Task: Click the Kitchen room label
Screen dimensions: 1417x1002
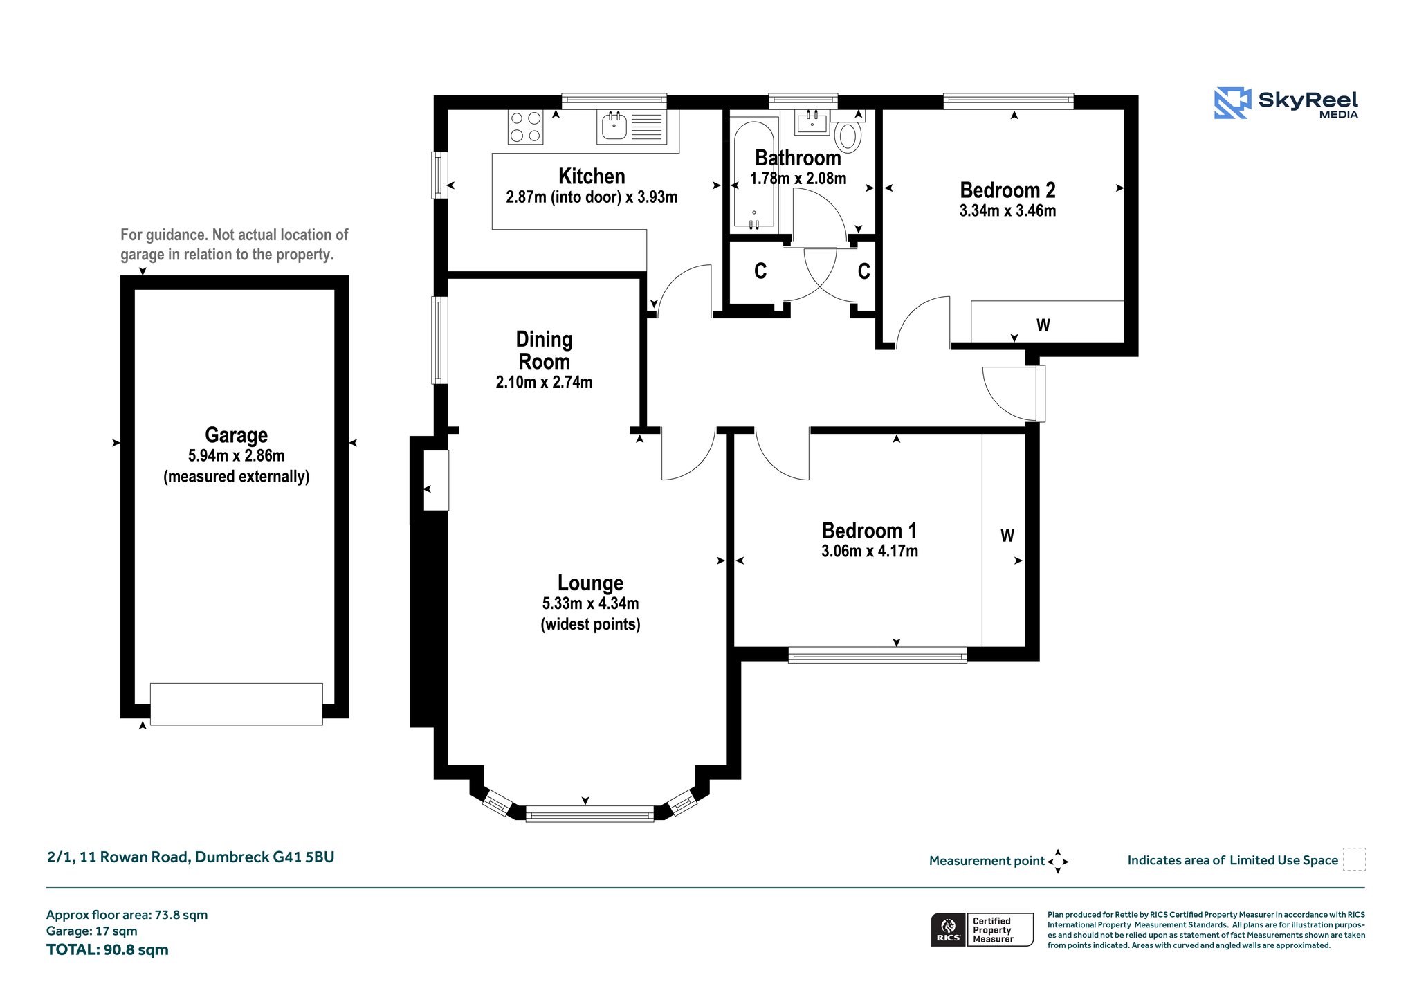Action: (x=592, y=176)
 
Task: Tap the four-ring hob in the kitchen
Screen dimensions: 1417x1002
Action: (x=525, y=127)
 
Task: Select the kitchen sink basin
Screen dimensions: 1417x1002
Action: (x=614, y=127)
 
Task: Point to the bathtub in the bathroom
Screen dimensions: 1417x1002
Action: (x=754, y=174)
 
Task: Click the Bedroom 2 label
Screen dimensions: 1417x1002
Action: (x=1007, y=190)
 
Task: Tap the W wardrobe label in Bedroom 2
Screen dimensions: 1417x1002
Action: (x=1043, y=325)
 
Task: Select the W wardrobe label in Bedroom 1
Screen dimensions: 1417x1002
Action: (x=1007, y=536)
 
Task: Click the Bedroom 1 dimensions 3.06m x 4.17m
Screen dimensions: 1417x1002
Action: (x=870, y=552)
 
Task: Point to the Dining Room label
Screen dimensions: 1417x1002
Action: (x=545, y=350)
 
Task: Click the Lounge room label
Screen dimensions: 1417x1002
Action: (x=591, y=583)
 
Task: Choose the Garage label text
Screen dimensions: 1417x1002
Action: (x=236, y=435)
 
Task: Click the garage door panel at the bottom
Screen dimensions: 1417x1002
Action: (x=236, y=704)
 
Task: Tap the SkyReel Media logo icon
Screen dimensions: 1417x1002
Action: (x=1232, y=103)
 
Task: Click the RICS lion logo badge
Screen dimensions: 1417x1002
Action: (x=948, y=929)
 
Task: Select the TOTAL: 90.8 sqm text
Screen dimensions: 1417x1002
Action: (x=107, y=950)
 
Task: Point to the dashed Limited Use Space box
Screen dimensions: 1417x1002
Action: (x=1354, y=859)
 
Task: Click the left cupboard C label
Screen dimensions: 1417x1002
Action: (x=760, y=271)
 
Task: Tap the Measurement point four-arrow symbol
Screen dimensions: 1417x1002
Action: (x=1058, y=862)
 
